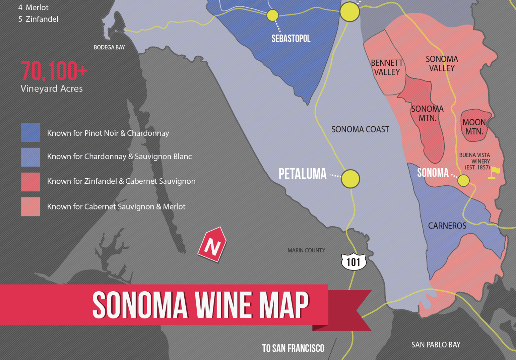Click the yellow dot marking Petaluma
point(350,178)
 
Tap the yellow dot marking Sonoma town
point(463,180)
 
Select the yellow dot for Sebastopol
point(272,15)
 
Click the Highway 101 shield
point(353,262)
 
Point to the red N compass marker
point(212,245)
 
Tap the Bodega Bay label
point(109,48)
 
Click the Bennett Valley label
point(387,67)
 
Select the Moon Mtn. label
point(474,127)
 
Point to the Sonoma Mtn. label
point(427,113)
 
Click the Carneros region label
point(447,226)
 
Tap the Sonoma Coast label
point(360,129)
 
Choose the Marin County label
point(306,250)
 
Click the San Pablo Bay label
point(436,345)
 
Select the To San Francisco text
point(293,349)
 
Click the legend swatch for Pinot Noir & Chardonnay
point(30,132)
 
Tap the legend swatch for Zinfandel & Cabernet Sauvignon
point(30,182)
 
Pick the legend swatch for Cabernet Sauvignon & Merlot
point(30,206)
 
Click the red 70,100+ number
point(54,71)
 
